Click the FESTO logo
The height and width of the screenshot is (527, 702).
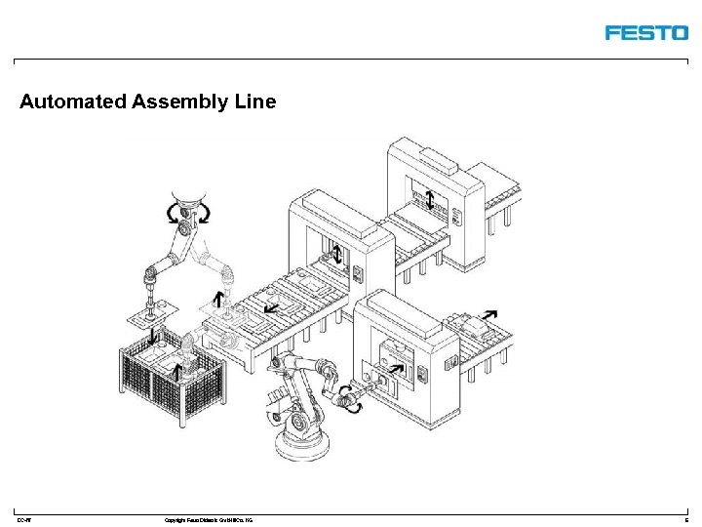click(x=645, y=32)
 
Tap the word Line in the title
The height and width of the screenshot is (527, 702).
click(x=255, y=101)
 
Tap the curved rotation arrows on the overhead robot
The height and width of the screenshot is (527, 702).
click(x=184, y=212)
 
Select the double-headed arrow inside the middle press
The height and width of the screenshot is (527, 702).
click(x=337, y=256)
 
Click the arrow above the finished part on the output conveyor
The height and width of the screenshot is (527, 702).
click(x=487, y=315)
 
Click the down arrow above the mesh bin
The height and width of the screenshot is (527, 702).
click(x=154, y=338)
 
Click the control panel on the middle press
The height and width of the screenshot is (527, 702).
click(x=357, y=276)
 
